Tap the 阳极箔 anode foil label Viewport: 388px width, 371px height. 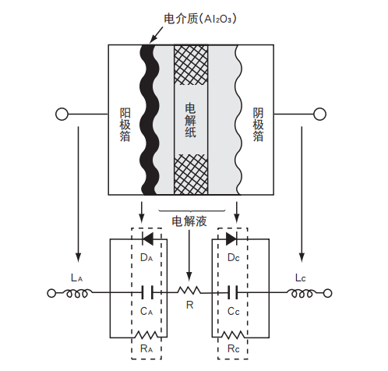point(125,125)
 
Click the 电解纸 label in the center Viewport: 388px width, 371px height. point(191,121)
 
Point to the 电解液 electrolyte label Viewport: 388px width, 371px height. point(189,221)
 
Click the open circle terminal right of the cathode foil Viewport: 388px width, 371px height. point(319,115)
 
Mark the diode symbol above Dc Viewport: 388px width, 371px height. point(231,238)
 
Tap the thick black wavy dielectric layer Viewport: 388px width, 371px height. point(146,117)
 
